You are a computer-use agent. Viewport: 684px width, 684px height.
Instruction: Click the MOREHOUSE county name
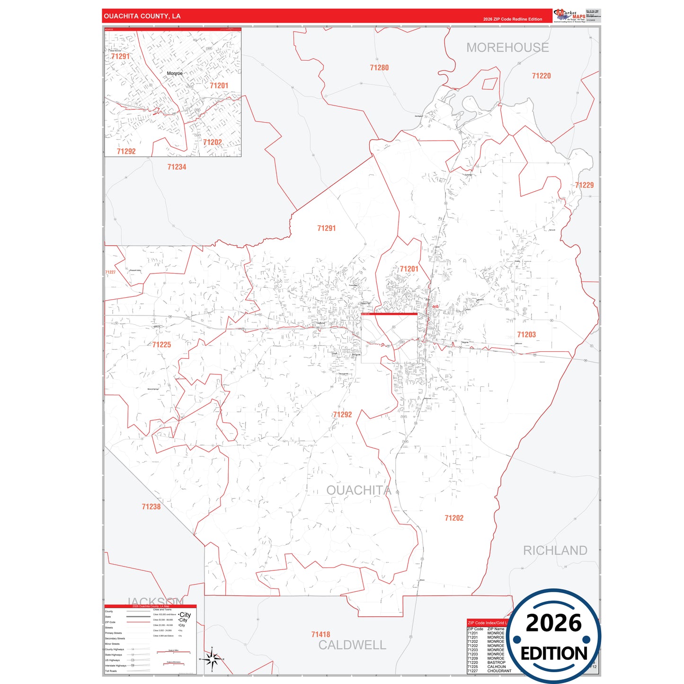[x=507, y=48]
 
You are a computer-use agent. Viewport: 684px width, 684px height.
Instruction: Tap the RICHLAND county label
[x=555, y=551]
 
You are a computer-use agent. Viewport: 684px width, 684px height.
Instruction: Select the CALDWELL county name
[x=352, y=645]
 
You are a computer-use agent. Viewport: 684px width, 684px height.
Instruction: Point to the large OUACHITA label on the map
[x=359, y=490]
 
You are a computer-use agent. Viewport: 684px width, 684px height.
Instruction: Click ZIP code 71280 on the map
[x=379, y=68]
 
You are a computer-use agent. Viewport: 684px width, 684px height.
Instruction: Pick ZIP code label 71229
[x=584, y=185]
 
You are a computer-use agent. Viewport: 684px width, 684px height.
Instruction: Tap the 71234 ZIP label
[x=177, y=167]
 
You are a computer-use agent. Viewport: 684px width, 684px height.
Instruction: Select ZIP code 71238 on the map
[x=151, y=506]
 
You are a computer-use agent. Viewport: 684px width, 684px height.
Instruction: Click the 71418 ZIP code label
[x=320, y=634]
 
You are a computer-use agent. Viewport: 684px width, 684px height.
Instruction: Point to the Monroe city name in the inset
[x=174, y=73]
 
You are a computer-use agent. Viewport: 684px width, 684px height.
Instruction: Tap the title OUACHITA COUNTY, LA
[x=142, y=16]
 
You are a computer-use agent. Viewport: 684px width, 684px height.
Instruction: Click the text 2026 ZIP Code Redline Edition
[x=513, y=19]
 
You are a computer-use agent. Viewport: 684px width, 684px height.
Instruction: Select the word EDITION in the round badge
[x=554, y=654]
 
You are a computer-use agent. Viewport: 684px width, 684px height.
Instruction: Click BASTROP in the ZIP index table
[x=496, y=662]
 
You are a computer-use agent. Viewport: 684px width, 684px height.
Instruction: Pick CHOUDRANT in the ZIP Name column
[x=499, y=671]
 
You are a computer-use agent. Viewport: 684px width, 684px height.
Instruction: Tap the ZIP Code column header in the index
[x=475, y=629]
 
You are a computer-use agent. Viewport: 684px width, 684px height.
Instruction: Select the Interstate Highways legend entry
[x=115, y=666]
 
